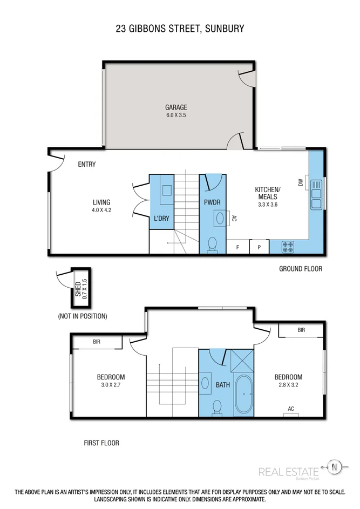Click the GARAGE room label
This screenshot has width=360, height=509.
[x=176, y=107]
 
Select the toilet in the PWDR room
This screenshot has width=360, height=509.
[x=213, y=243]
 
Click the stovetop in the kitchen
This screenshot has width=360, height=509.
[x=288, y=247]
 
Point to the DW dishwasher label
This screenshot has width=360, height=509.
[x=301, y=184]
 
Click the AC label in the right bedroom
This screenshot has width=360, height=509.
[x=291, y=409]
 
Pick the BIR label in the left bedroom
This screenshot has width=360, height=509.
[x=97, y=342]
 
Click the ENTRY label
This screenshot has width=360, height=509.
[x=86, y=164]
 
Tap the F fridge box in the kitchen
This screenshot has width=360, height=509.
[x=237, y=247]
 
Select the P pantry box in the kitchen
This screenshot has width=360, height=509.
[x=259, y=247]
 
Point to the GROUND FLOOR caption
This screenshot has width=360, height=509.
[x=301, y=269]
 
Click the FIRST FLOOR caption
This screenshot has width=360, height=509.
[x=101, y=443]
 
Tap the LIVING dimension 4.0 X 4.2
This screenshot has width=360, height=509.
[x=101, y=210]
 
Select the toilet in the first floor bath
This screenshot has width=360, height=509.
[x=217, y=408]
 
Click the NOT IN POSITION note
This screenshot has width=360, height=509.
[x=83, y=316]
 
